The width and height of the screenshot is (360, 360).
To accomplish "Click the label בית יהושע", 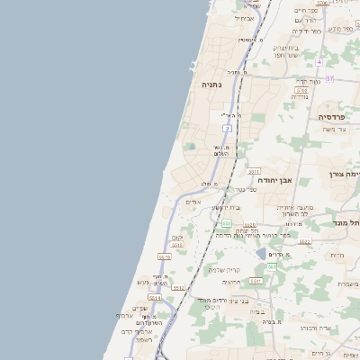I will tap(228, 208).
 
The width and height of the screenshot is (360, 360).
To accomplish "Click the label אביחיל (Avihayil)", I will tap(245, 18).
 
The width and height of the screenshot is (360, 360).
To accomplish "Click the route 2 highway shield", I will tap(229, 128).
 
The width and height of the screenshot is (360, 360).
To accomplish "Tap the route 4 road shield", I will tap(319, 62).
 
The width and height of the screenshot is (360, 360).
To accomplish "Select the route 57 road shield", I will tap(329, 79).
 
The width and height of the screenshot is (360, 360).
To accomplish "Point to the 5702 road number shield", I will tap(301, 90).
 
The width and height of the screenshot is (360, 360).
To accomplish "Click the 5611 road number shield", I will tap(254, 171).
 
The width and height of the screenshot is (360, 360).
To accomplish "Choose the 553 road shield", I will tap(228, 223).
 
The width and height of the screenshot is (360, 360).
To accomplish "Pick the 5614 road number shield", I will tap(155, 298).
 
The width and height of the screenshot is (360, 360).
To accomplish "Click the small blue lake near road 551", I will tap(261, 255).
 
